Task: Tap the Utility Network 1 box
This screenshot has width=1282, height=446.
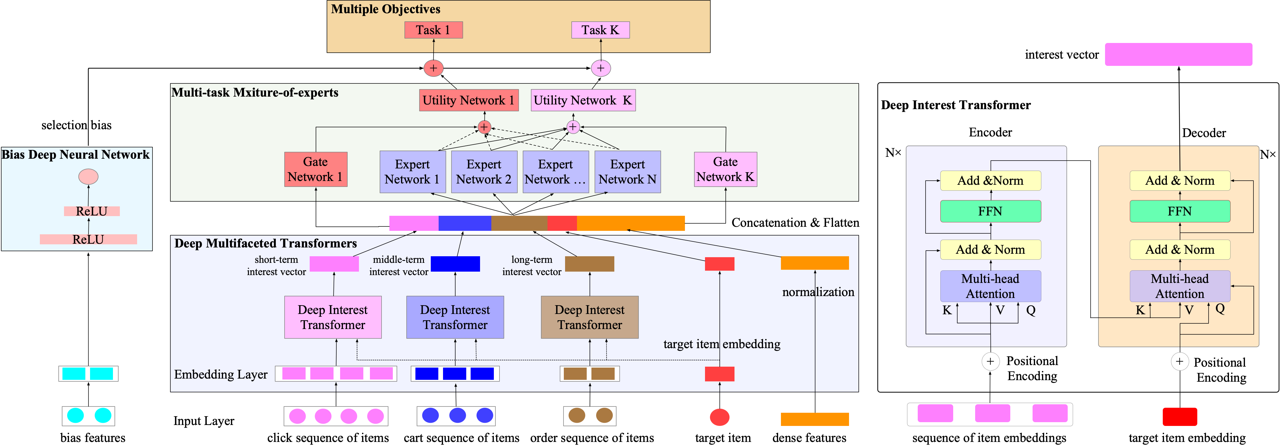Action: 468,100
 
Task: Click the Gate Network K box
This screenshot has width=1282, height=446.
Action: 725,169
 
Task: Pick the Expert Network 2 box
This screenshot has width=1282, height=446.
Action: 483,172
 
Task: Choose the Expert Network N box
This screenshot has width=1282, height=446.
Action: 627,172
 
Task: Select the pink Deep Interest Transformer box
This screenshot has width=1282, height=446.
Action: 333,317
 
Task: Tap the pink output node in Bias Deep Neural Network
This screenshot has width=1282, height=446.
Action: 88,176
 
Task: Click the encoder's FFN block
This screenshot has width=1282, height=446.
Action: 990,211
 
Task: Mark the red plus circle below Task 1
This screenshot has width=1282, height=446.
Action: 434,68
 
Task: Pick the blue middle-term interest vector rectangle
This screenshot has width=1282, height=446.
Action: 455,263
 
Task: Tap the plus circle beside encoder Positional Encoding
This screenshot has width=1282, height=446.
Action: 990,361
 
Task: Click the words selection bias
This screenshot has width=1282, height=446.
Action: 76,125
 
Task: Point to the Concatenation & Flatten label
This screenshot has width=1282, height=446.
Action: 795,222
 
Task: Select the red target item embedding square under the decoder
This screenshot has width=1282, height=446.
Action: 1179,416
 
